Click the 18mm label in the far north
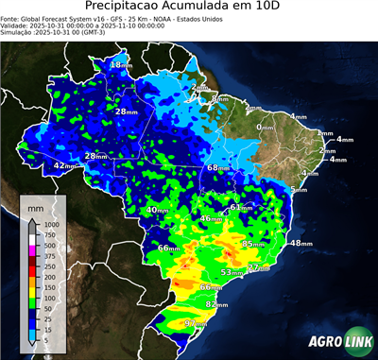tap(120, 64)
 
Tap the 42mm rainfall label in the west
tap(63, 165)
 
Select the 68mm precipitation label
tap(217, 167)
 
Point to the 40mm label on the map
tap(157, 209)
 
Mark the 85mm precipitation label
tap(253, 244)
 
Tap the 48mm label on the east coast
tap(300, 243)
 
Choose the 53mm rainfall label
tap(232, 272)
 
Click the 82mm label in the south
tap(216, 305)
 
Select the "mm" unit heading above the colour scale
tap(35, 203)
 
